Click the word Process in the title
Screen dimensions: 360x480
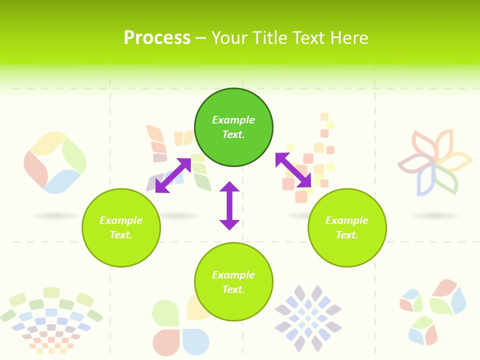pos(157,38)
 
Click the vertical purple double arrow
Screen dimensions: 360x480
pos(229,205)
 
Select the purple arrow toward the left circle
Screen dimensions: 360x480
pos(173,175)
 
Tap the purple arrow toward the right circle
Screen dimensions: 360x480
pos(293,170)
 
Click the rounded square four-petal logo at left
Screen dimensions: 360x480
pos(54,162)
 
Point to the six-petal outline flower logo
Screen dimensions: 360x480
pos(434,162)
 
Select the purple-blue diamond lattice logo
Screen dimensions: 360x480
pos(308,318)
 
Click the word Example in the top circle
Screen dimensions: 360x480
pos(233,120)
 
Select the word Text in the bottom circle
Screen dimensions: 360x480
pos(233,289)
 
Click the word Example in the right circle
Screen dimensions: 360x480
pos(347,220)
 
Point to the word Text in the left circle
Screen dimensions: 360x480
pos(121,235)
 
